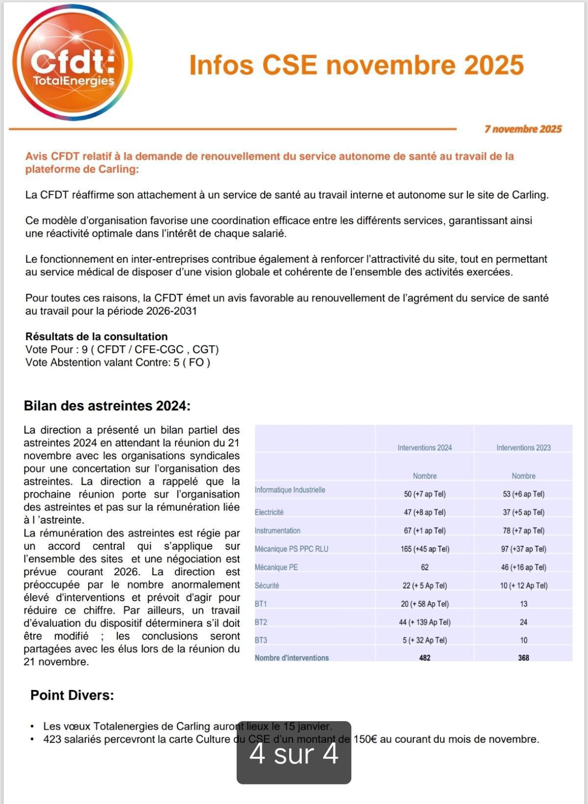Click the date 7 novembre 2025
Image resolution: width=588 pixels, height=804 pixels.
(523, 129)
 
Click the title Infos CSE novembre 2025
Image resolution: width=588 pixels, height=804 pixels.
(356, 65)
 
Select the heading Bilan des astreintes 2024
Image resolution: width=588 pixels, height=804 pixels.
(107, 406)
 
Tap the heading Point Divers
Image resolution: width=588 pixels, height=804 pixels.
(72, 695)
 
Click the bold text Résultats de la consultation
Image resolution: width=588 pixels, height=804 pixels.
(97, 337)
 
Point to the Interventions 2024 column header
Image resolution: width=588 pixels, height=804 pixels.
(424, 447)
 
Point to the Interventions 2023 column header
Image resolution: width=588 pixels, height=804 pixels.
(523, 447)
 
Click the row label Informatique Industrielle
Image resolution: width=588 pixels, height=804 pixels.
(290, 490)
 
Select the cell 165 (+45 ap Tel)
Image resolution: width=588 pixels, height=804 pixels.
(424, 549)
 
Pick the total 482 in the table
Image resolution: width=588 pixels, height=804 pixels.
(424, 658)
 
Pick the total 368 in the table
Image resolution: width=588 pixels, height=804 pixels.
(523, 658)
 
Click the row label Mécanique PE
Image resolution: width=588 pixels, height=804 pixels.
(276, 567)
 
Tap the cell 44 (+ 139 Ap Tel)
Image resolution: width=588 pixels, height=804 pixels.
(424, 622)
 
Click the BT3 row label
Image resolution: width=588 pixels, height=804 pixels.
(261, 640)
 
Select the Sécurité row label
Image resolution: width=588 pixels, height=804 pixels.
(267, 585)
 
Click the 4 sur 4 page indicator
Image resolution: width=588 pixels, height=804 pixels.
(294, 753)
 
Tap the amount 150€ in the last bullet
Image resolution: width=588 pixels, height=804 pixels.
(365, 739)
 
